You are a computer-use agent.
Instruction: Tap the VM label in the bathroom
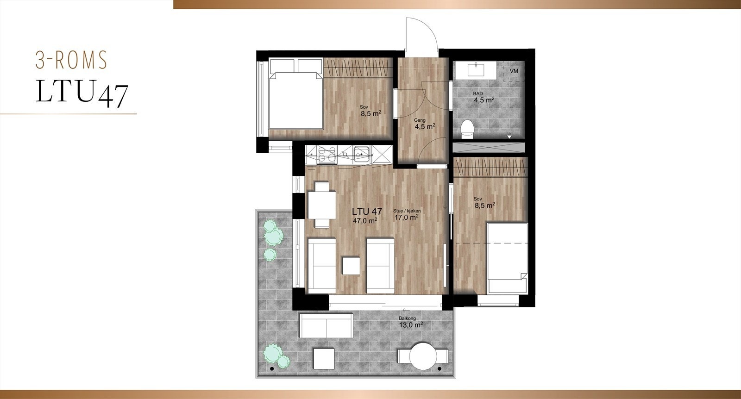[514, 71]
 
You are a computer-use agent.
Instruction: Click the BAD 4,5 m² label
[483, 97]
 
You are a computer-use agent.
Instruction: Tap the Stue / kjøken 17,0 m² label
[407, 213]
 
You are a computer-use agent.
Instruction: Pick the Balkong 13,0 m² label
[410, 322]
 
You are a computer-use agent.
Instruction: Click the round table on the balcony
[424, 355]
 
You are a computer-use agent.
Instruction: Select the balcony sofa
[326, 326]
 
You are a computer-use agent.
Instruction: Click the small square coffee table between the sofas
[352, 266]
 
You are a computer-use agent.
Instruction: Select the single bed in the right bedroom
[508, 257]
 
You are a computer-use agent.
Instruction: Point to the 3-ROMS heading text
[72, 60]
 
